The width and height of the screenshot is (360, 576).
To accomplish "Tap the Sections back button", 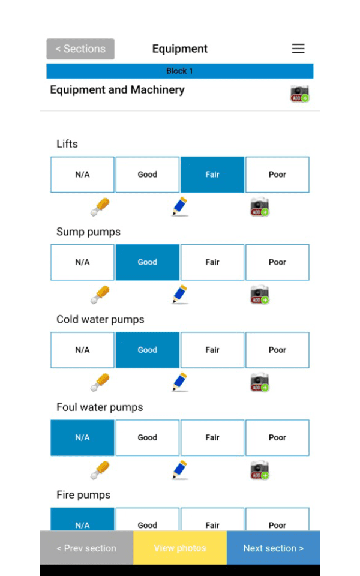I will point(80,49).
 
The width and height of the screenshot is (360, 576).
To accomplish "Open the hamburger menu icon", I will point(298,49).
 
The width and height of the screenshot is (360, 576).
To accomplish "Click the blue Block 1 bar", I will point(179,71).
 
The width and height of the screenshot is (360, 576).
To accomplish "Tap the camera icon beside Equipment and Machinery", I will point(299,94).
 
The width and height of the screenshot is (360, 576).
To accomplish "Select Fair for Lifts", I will point(212,175).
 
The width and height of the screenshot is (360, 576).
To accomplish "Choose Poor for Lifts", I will point(277,175).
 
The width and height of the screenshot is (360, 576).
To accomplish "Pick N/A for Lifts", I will point(82,175).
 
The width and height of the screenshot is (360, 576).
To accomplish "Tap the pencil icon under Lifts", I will point(179,206).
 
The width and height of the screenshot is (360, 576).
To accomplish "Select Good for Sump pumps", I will point(147,262).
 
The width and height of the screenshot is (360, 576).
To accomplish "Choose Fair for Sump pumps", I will point(212,262).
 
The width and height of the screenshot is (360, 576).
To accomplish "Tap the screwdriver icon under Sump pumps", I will point(100,295).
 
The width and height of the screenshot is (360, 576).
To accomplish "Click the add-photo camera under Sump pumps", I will point(259,295).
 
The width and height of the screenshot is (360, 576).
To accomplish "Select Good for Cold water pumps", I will point(147,350).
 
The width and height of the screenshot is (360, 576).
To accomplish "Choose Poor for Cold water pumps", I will point(277,350).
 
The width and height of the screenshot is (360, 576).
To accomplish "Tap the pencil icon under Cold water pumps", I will point(179,382).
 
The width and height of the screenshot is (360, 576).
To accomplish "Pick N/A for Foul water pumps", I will point(82,437).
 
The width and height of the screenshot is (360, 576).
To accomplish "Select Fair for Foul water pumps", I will point(212,437).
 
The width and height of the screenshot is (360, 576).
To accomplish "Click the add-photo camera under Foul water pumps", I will point(259,470).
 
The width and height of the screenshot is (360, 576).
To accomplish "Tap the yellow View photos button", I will point(179,548).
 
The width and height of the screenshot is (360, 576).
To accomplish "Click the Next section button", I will point(273,548).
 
